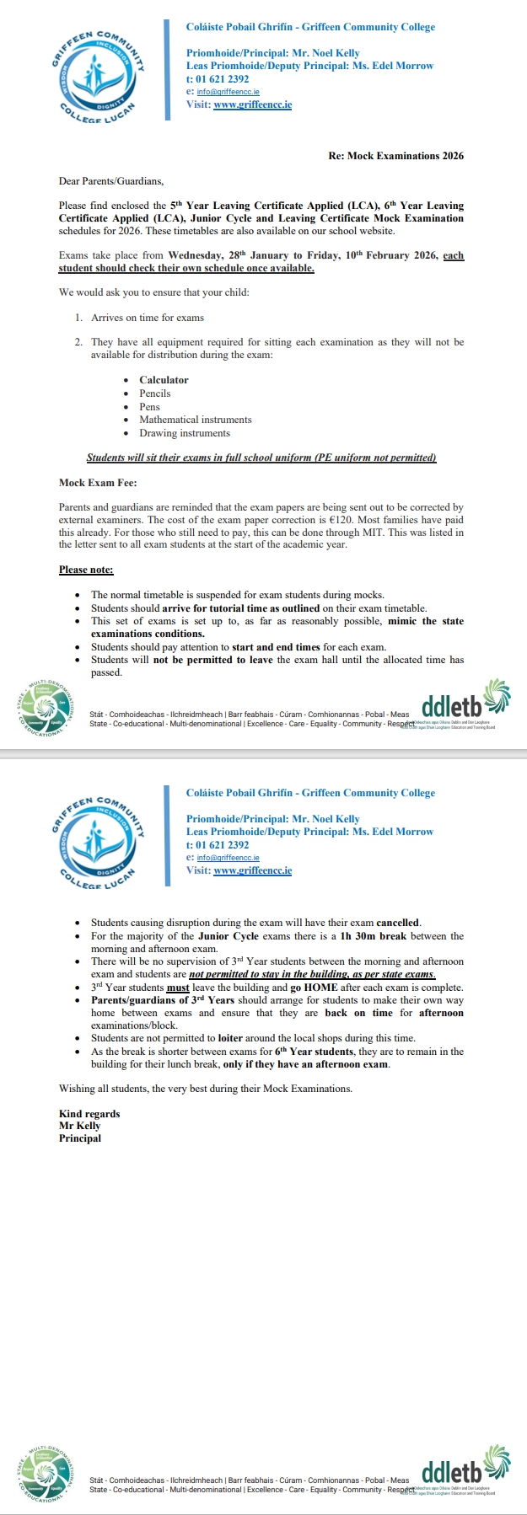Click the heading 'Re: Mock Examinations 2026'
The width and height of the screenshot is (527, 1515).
(395, 156)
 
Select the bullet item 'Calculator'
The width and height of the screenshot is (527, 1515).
(164, 380)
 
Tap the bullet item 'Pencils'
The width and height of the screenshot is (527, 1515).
(155, 393)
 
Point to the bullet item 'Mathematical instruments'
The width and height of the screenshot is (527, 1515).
(196, 420)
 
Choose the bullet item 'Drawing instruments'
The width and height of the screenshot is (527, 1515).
(185, 433)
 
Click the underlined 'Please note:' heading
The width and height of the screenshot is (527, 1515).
(86, 570)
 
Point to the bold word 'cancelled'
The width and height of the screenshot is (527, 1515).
(398, 923)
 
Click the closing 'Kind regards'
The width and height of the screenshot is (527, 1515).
(89, 1114)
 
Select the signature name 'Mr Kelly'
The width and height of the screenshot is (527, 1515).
(79, 1126)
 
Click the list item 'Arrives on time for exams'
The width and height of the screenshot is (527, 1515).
(148, 318)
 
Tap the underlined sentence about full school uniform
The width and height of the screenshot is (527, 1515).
(261, 458)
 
